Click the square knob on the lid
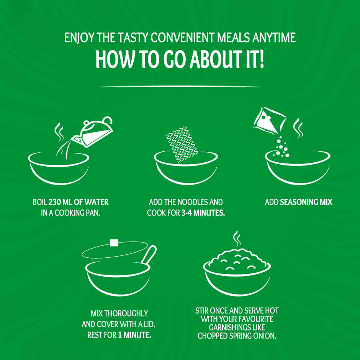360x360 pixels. (113, 242)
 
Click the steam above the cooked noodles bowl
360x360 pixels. (237, 238)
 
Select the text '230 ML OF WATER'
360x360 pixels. (81, 202)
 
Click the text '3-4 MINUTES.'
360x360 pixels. (203, 213)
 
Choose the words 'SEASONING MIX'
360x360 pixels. (306, 202)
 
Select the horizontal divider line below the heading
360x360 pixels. (180, 86)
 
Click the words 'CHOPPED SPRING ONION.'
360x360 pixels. (237, 335)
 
